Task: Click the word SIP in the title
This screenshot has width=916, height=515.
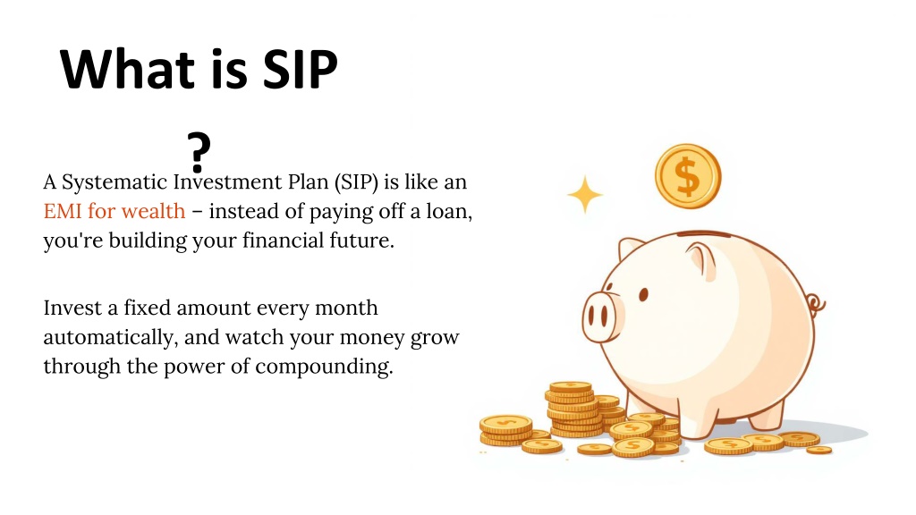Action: (x=301, y=69)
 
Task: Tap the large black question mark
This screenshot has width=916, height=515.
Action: (x=199, y=152)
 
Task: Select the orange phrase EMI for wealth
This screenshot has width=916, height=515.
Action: (x=114, y=211)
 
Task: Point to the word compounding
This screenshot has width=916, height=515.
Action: (x=324, y=367)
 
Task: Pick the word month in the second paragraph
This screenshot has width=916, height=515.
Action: (x=346, y=308)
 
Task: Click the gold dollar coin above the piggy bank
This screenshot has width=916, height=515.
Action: (x=688, y=176)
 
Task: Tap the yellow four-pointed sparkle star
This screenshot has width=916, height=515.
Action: (x=585, y=194)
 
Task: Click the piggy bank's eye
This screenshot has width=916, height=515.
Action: (x=643, y=294)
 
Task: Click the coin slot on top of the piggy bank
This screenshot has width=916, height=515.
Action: (x=703, y=234)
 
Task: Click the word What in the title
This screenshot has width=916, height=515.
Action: (x=127, y=69)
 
